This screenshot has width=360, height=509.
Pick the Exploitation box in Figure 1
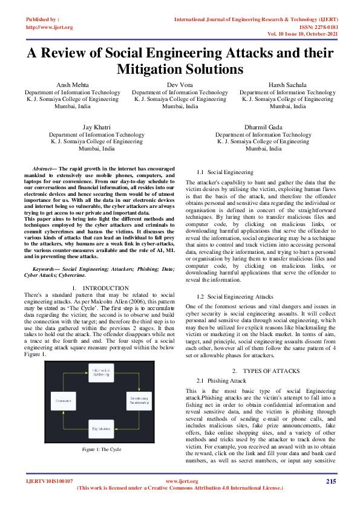tap(100, 427)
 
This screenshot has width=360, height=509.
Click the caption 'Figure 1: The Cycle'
tap(100, 449)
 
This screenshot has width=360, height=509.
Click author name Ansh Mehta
tap(72, 85)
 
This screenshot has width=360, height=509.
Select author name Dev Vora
tap(180, 85)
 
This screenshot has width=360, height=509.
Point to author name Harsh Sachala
tap(287, 85)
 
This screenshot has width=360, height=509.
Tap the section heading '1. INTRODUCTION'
tap(100, 288)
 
